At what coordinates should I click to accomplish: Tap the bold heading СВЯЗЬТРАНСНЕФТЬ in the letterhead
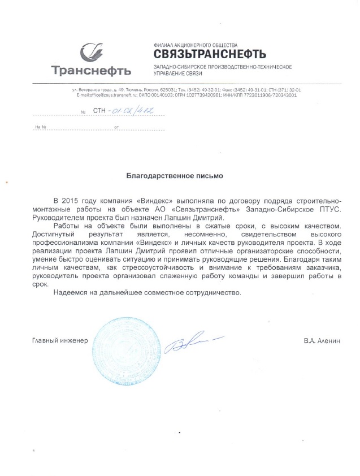pyautogui.click(x=209, y=54)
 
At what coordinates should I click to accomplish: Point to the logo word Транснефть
pyautogui.click(x=91, y=71)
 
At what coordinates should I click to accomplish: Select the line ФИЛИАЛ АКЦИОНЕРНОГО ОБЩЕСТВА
pyautogui.click(x=196, y=44)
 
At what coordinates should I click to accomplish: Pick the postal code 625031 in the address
pyautogui.click(x=168, y=90)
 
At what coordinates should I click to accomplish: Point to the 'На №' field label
pyautogui.click(x=40, y=127)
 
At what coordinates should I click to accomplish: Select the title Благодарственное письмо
pyautogui.click(x=174, y=176)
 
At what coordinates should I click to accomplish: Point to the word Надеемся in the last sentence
pyautogui.click(x=69, y=293)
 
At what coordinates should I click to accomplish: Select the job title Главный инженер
pyautogui.click(x=60, y=340)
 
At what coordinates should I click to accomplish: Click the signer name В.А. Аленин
pyautogui.click(x=322, y=340)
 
